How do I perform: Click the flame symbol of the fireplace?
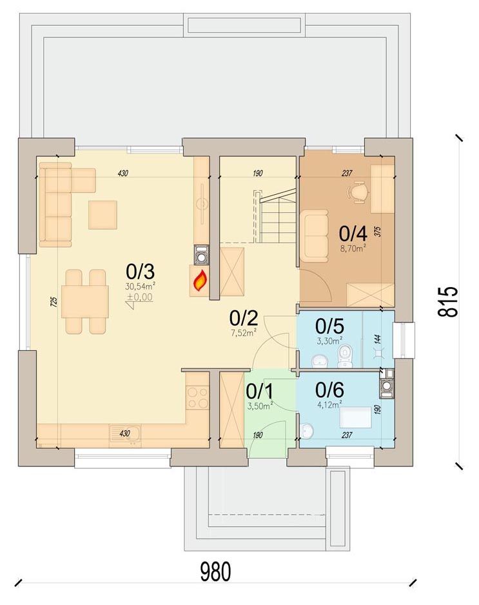[199, 281]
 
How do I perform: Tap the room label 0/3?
[140, 272]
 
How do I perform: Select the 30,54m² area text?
[140, 286]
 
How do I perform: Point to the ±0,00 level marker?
[140, 297]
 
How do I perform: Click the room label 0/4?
[353, 233]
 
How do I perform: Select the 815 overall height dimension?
[448, 302]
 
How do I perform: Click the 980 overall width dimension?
[215, 571]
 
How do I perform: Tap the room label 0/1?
[260, 392]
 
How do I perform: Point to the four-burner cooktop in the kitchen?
[197, 397]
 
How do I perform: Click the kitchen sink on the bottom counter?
[125, 436]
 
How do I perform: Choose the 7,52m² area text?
[244, 333]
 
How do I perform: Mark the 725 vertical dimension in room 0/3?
[54, 301]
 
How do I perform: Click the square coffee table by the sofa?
[103, 215]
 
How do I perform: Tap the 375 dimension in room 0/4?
[378, 231]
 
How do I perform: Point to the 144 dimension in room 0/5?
[378, 339]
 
